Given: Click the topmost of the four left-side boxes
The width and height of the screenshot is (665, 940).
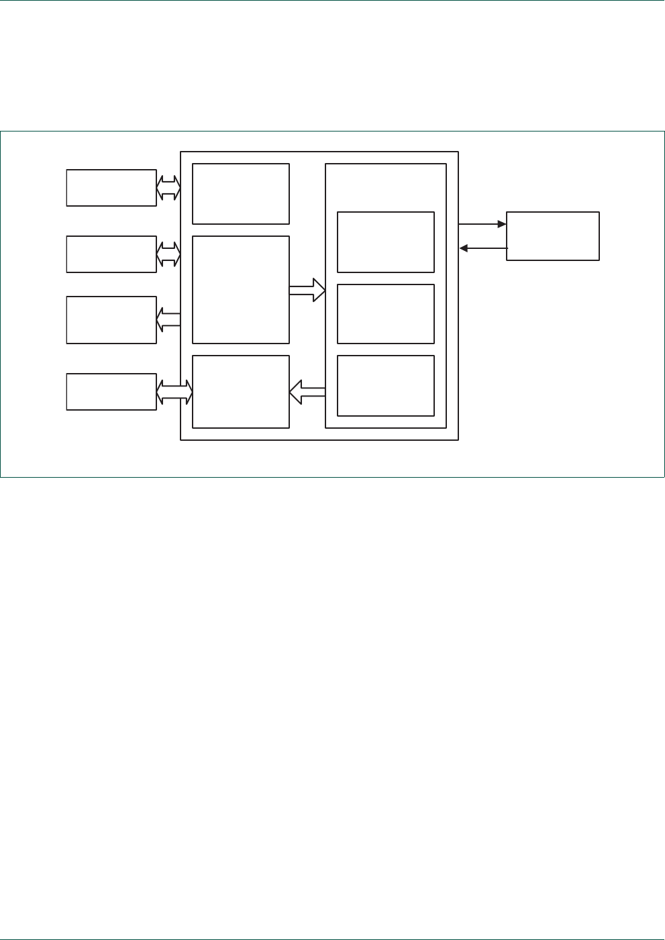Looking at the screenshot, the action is point(111,188).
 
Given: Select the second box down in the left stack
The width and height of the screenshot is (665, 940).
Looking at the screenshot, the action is point(111,254).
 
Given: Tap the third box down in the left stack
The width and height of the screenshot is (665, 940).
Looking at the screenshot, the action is point(111,320).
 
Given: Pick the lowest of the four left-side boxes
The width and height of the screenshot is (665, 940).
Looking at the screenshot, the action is point(111,392).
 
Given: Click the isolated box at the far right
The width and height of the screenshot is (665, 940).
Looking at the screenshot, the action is point(552,236).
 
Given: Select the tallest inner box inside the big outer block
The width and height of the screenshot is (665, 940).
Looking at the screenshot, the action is point(241,290).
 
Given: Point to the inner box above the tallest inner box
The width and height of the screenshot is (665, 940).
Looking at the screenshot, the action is point(241,194).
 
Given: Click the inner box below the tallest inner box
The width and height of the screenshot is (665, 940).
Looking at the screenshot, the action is point(241,392).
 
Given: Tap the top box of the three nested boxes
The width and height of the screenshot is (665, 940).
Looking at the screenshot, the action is point(386,242).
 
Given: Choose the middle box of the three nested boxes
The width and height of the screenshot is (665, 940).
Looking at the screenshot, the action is point(386,314).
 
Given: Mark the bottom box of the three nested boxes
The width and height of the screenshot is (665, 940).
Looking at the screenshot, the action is point(386,386).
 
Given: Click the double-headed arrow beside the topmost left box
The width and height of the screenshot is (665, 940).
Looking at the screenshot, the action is point(168,188).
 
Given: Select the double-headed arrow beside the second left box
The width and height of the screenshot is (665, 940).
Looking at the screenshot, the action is point(168,254).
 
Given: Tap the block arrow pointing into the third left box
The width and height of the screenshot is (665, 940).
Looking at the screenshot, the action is point(168,320).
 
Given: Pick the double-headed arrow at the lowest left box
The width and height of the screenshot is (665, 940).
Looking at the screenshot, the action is point(174,392).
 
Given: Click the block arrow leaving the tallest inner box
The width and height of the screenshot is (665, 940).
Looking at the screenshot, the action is point(307,291).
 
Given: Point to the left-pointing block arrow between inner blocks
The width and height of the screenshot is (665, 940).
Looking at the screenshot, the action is point(307,392).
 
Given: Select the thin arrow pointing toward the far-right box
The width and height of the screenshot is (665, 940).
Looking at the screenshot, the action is point(482,224).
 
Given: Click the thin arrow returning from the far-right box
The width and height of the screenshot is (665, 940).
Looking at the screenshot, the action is point(483,249).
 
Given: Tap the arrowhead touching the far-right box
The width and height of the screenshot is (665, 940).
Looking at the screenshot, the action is point(502,224).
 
